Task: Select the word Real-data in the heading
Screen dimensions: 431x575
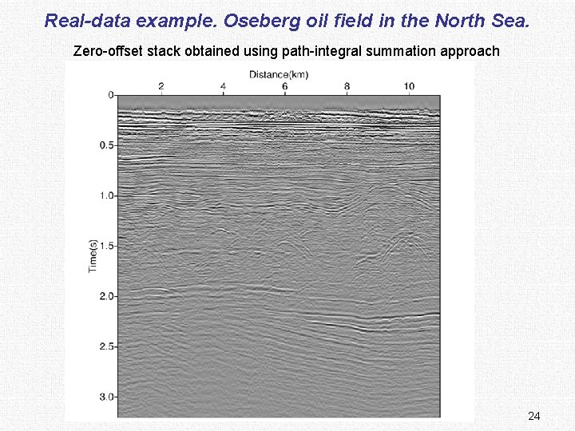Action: point(86,20)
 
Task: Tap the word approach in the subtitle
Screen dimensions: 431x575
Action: point(468,52)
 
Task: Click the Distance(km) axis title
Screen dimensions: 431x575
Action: point(279,75)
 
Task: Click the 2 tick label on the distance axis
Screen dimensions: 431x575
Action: point(161,85)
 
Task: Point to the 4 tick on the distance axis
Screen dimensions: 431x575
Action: point(223,85)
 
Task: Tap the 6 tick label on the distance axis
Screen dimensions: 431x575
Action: point(285,85)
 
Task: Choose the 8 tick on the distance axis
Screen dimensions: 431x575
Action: point(347,85)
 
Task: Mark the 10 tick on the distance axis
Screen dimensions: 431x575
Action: point(408,85)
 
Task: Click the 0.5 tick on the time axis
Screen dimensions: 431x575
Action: point(105,145)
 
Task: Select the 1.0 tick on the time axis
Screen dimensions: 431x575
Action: point(105,196)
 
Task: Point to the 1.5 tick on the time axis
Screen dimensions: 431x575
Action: point(105,246)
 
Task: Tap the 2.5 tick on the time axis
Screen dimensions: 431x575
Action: point(105,346)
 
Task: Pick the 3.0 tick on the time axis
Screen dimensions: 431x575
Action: point(105,397)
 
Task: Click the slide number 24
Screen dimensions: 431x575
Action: point(534,416)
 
